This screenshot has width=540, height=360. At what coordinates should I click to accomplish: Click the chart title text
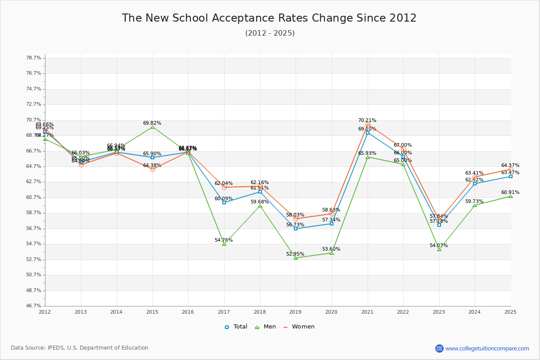pyautogui.click(x=269, y=18)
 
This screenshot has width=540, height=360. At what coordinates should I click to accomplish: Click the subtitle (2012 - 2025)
pyautogui.click(x=270, y=33)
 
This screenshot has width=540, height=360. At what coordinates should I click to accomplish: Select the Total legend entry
pyautogui.click(x=236, y=327)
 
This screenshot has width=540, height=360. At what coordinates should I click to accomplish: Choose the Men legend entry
pyautogui.click(x=265, y=327)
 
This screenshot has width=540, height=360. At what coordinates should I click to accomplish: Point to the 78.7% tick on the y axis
pyautogui.click(x=34, y=58)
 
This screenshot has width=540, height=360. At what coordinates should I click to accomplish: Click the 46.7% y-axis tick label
pyautogui.click(x=34, y=306)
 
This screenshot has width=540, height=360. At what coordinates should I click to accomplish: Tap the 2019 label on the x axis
pyautogui.click(x=295, y=312)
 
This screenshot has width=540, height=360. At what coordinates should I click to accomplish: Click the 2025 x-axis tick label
pyautogui.click(x=510, y=312)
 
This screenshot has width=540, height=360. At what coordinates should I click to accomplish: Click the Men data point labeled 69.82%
pyautogui.click(x=153, y=127)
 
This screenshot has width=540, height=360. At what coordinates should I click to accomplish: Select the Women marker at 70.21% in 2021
pyautogui.click(x=368, y=124)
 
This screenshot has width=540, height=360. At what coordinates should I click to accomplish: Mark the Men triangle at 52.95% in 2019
pyautogui.click(x=296, y=258)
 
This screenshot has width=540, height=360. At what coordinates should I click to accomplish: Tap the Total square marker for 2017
pyautogui.click(x=224, y=202)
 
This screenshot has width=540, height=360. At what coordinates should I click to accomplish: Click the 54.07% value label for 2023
pyautogui.click(x=438, y=246)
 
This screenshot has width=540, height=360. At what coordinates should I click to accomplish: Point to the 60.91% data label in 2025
pyautogui.click(x=510, y=192)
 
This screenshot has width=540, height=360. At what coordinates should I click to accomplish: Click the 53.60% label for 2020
pyautogui.click(x=331, y=249)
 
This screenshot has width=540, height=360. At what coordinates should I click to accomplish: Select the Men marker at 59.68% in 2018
pyautogui.click(x=260, y=206)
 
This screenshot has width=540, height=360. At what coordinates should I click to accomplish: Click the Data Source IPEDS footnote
pyautogui.click(x=80, y=348)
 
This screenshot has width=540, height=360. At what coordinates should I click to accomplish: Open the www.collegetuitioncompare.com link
pyautogui.click(x=487, y=348)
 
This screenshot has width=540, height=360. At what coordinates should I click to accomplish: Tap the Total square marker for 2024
pyautogui.click(x=475, y=184)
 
